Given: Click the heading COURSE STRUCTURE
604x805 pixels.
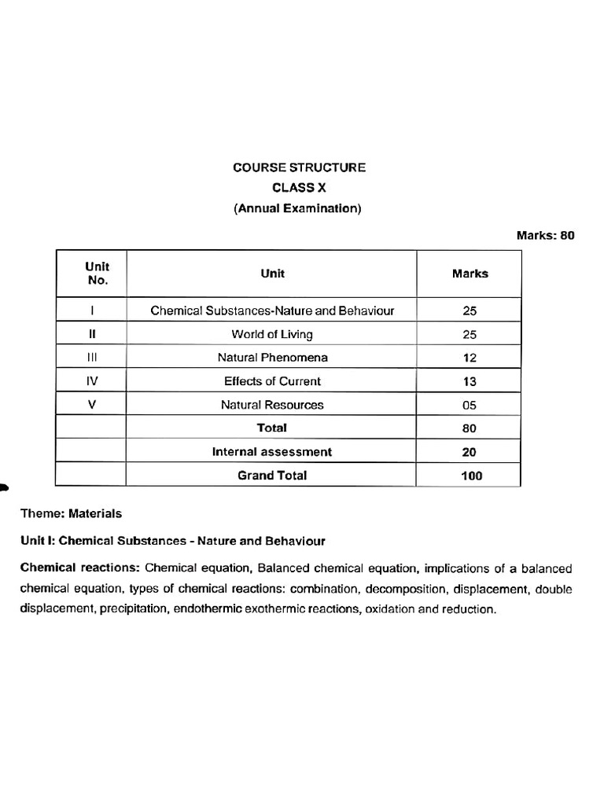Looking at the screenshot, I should click(299, 167).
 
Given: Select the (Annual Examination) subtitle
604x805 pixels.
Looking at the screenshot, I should click(297, 208).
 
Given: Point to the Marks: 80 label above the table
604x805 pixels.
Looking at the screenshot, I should click(545, 235).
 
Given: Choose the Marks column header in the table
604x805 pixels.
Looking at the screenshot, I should click(470, 274).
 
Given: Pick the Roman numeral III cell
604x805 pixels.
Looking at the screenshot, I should click(92, 358).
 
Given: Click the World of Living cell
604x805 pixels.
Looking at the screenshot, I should click(272, 334).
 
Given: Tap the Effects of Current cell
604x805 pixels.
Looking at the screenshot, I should click(272, 381).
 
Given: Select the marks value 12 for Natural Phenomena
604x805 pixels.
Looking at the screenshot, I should click(470, 358).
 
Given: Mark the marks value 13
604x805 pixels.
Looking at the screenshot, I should click(470, 381).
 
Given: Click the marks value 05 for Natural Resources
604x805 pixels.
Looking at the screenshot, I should click(470, 405).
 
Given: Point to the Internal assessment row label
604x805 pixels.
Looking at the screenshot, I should click(272, 452).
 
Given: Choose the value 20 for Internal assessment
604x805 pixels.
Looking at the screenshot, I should click(470, 452).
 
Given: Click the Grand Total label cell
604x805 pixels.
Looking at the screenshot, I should click(272, 476).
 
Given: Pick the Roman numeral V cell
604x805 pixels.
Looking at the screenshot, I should click(92, 405).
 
